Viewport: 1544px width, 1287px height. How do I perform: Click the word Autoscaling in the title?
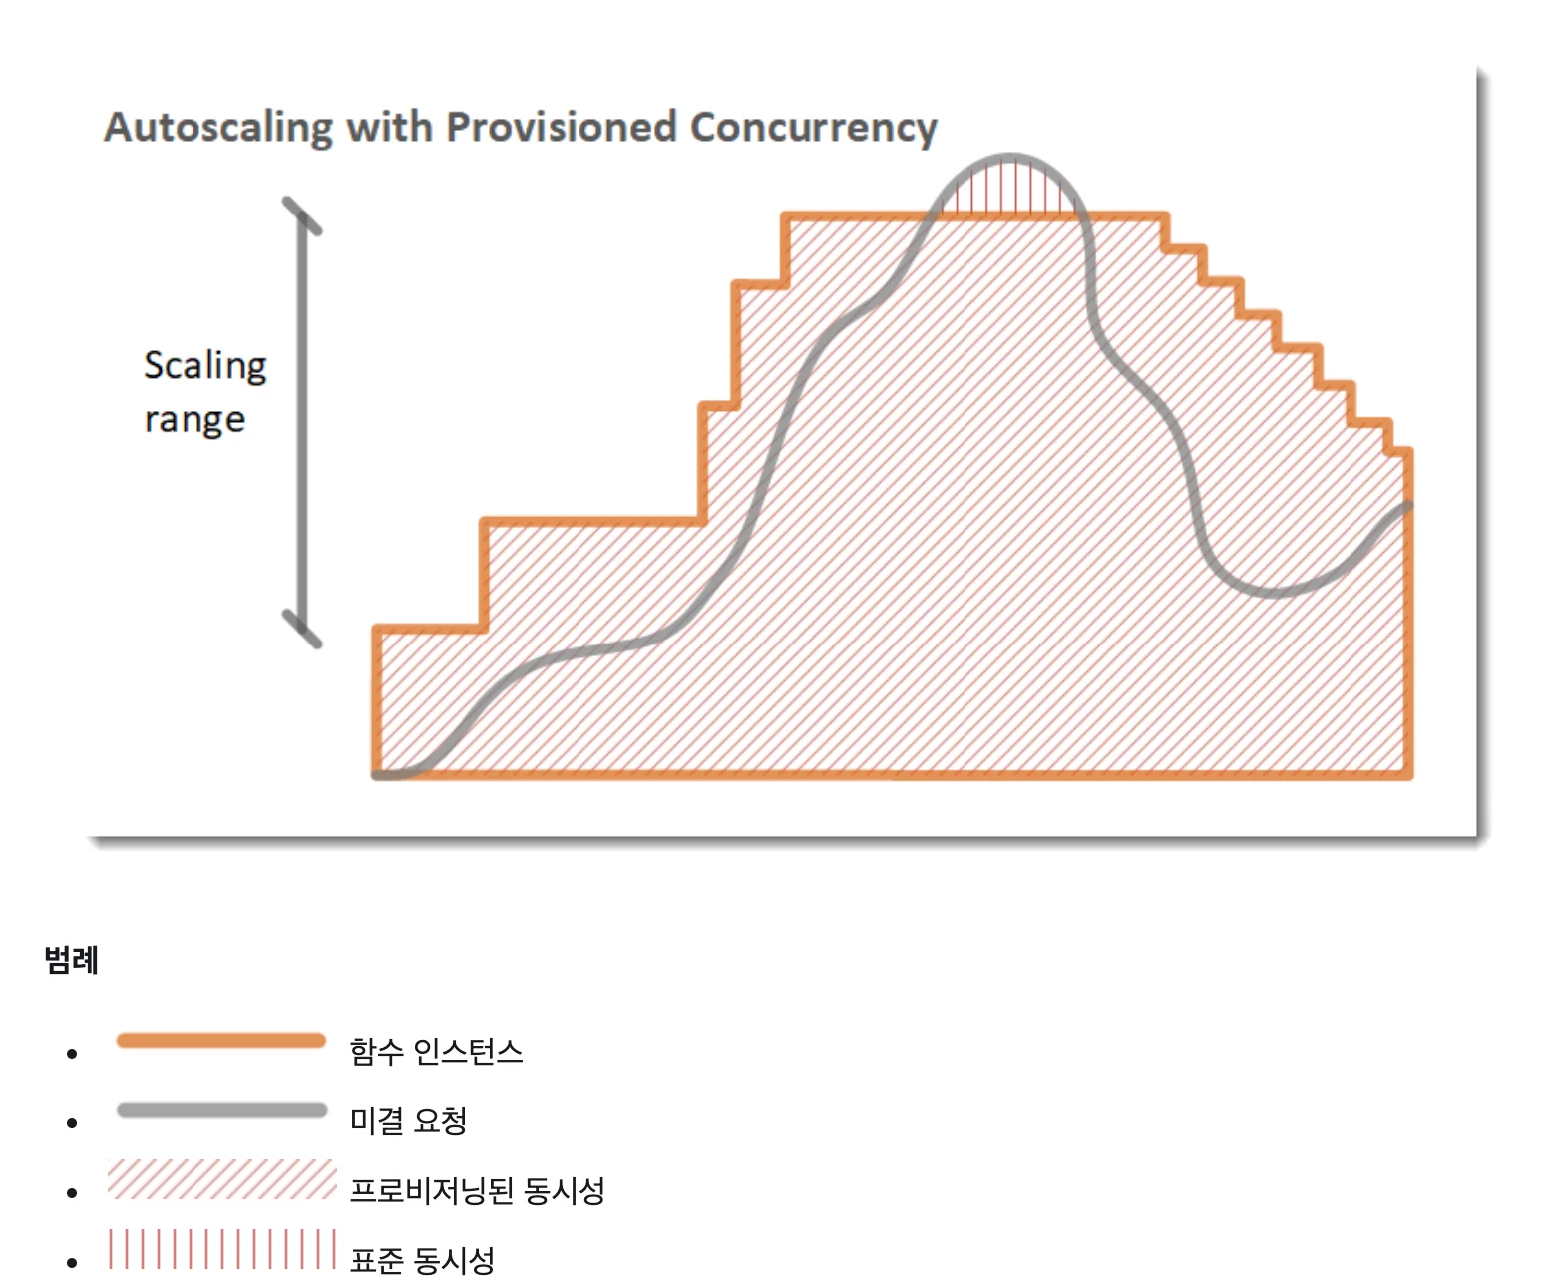[218, 128]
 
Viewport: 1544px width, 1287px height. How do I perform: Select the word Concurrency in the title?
[813, 128]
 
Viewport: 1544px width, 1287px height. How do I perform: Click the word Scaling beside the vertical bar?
[205, 365]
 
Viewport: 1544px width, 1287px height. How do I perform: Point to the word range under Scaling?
[194, 419]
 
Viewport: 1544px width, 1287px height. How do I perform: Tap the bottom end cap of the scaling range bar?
[302, 629]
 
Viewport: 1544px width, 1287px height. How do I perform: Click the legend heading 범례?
[71, 960]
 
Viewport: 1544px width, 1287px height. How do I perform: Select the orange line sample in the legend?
[221, 1041]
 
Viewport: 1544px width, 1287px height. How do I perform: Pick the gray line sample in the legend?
[221, 1110]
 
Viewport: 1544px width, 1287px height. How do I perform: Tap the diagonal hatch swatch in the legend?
[221, 1179]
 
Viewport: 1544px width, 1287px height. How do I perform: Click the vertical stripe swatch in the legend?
[221, 1249]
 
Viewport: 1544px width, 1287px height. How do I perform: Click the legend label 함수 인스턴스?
[436, 1052]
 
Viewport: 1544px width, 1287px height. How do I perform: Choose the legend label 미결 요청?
[408, 1121]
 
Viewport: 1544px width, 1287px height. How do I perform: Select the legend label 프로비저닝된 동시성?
[477, 1191]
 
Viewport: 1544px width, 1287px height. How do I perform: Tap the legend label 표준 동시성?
[422, 1261]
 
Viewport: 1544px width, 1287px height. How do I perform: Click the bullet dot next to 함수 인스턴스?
[72, 1054]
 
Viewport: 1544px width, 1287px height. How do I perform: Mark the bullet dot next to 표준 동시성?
[72, 1263]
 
